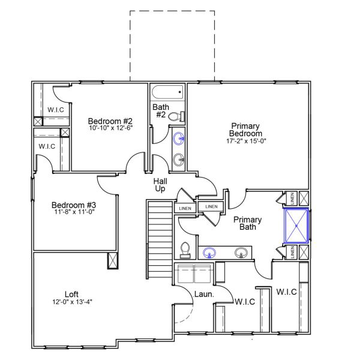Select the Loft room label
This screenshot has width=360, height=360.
72,294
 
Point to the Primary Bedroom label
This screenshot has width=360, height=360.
246,130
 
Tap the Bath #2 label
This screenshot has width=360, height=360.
161,111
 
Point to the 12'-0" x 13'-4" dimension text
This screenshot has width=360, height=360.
72,302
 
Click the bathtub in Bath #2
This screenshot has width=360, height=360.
167,93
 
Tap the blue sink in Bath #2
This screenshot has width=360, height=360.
178,139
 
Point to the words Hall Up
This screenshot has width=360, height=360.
160,184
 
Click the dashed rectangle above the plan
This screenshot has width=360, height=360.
173,45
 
